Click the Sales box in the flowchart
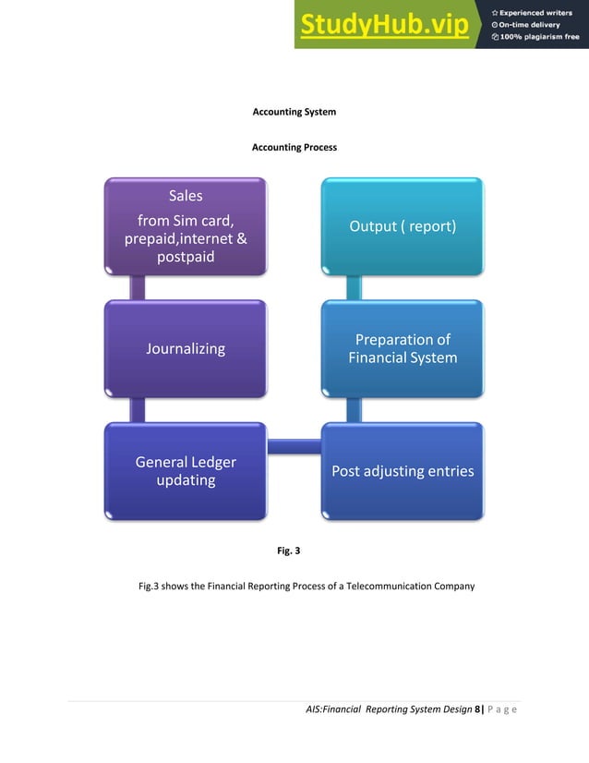click(x=185, y=226)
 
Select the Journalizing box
click(x=185, y=349)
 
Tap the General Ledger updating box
click(x=186, y=471)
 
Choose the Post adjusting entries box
click(x=403, y=471)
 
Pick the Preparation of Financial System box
click(x=403, y=349)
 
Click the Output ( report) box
click(x=403, y=226)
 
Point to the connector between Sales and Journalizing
click(x=138, y=287)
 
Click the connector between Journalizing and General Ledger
click(x=138, y=410)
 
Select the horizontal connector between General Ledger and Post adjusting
click(x=294, y=447)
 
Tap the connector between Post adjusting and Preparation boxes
click(x=354, y=410)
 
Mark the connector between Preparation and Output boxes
click(x=354, y=287)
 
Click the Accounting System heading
click(x=294, y=112)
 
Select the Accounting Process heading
click(x=294, y=148)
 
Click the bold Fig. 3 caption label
click(x=289, y=551)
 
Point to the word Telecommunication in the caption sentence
click(x=384, y=586)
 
